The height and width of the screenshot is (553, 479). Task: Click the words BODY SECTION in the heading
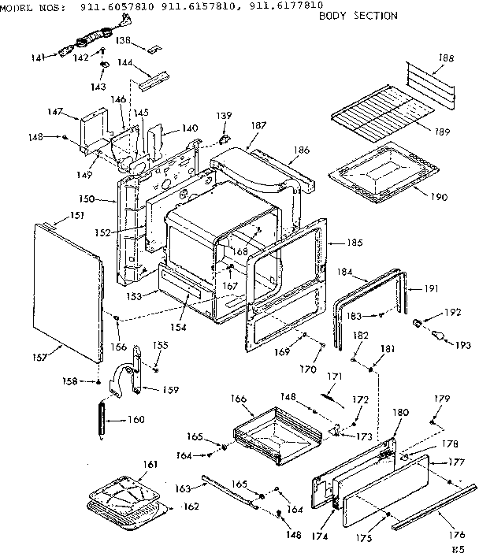358,16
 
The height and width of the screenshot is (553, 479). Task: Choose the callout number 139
225,116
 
